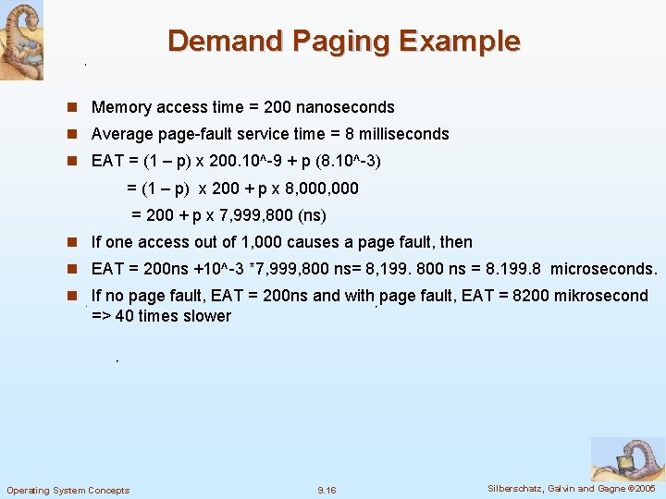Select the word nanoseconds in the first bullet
(x=344, y=107)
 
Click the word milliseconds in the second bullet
(x=403, y=134)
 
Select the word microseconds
(x=603, y=269)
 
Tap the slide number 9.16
(x=327, y=490)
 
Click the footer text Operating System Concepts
(x=68, y=490)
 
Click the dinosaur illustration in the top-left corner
(x=21, y=40)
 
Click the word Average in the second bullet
(x=121, y=134)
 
